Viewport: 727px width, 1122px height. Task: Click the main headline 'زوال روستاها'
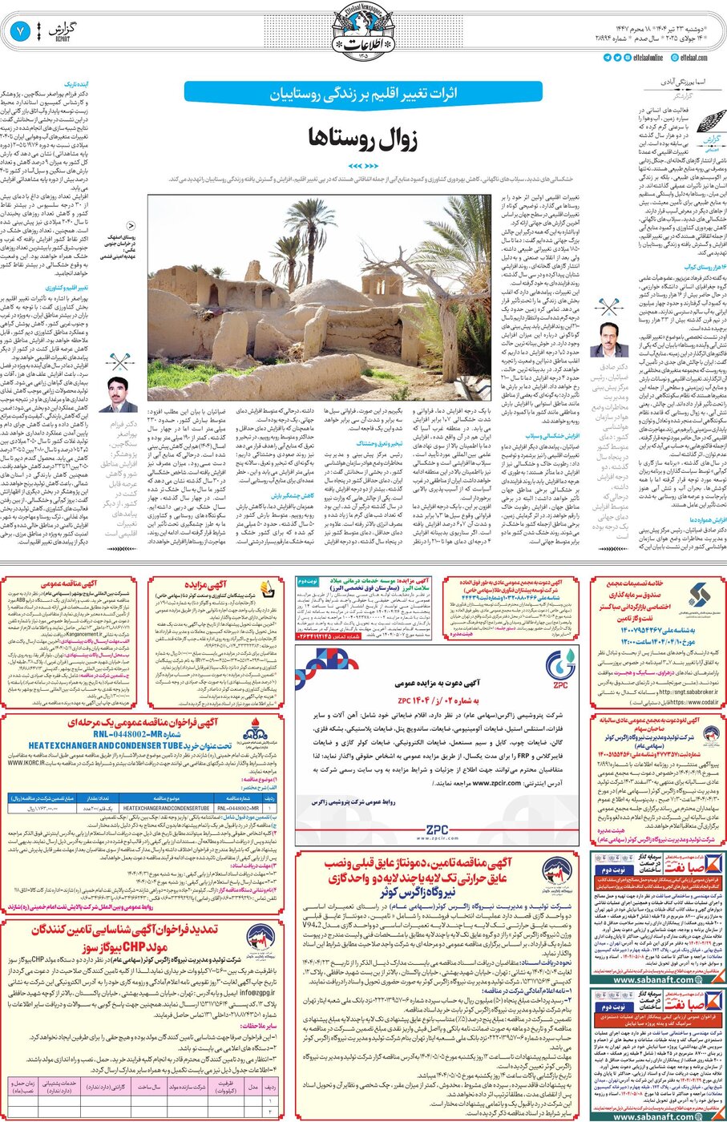364,138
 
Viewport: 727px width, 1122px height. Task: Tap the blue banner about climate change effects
363,92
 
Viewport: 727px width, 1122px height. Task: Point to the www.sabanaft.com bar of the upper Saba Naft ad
654,979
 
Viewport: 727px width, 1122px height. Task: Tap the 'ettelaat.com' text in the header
693,58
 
